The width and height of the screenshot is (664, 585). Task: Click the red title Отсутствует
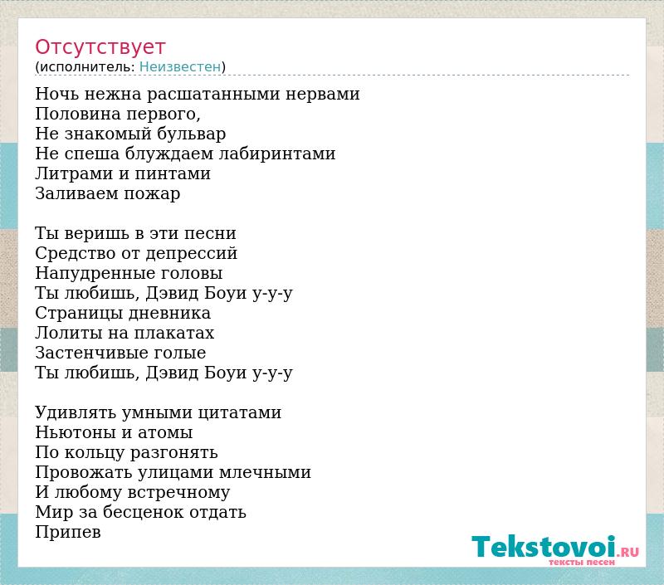coord(100,46)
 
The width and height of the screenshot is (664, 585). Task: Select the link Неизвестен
coord(180,67)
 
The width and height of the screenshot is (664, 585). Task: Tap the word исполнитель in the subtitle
coord(87,67)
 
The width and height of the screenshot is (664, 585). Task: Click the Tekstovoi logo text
coord(544,547)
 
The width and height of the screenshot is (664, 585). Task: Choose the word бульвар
coord(191,134)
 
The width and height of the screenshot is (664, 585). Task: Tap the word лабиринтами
coord(277,154)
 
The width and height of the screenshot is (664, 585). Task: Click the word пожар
coord(152,194)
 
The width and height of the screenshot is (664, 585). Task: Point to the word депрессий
coord(192,254)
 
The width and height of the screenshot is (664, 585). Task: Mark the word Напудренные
coord(92,274)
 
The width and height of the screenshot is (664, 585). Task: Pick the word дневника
coord(169,313)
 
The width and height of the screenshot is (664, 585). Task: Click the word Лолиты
coord(69,333)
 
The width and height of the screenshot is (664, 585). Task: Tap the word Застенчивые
coord(97,353)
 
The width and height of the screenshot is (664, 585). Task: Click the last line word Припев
coord(68,533)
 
